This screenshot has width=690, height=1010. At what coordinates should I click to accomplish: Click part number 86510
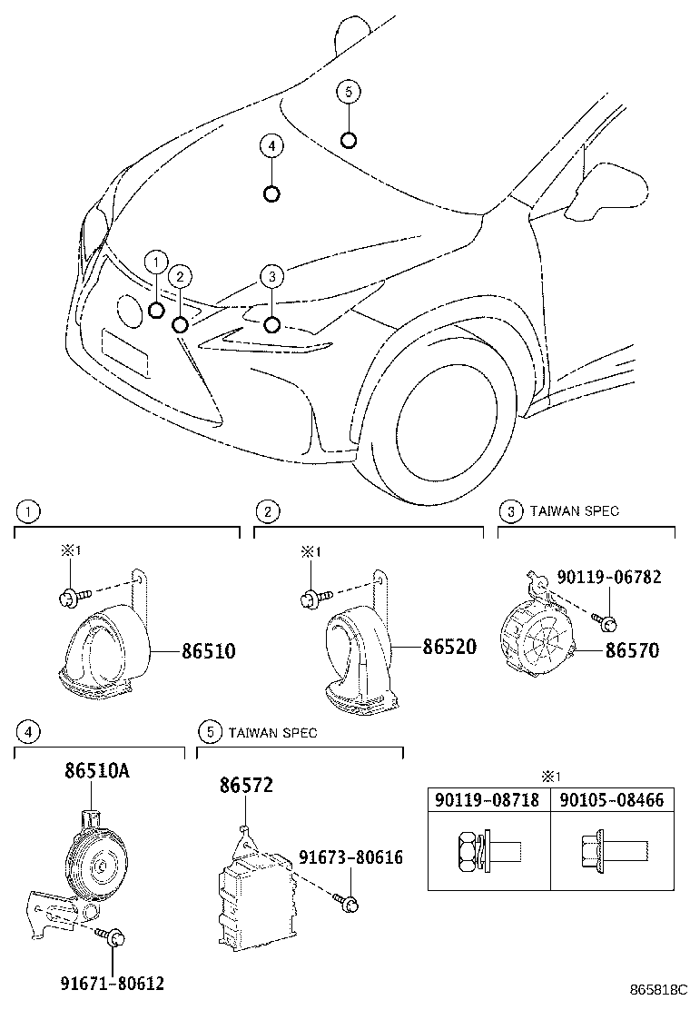209,651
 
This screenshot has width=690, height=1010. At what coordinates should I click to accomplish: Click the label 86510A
96,771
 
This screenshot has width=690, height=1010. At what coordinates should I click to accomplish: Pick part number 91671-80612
113,983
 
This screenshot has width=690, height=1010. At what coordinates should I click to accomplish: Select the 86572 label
245,785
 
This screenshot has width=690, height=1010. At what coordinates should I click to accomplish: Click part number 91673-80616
350,857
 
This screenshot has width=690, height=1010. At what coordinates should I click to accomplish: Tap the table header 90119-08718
487,800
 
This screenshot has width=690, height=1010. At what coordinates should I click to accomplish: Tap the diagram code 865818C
659,988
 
